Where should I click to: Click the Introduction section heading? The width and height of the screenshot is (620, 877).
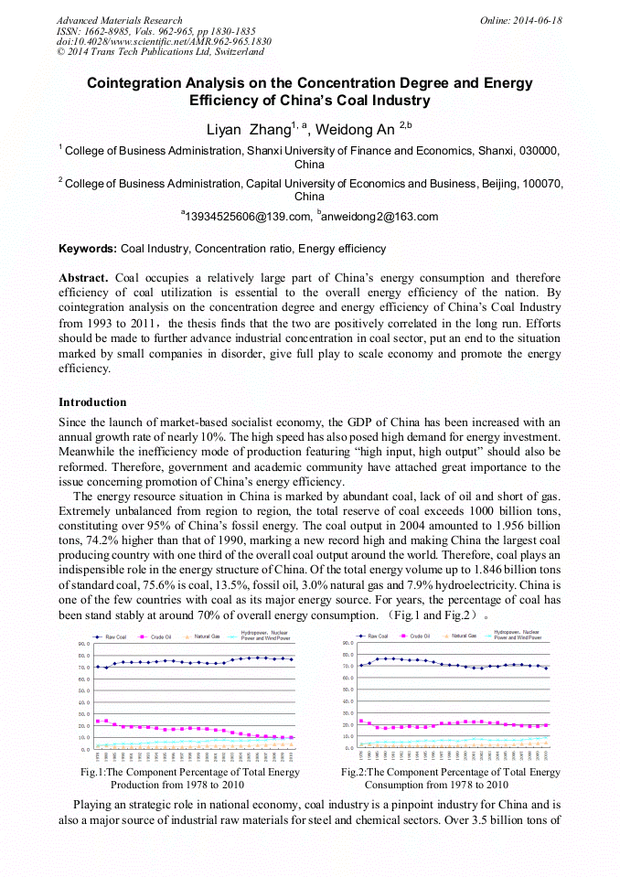pyautogui.click(x=92, y=402)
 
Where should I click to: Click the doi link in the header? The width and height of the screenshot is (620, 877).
pyautogui.click(x=164, y=42)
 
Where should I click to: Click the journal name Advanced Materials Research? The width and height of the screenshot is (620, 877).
pyautogui.click(x=119, y=20)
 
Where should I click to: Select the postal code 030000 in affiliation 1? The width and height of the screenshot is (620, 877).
pyautogui.click(x=540, y=151)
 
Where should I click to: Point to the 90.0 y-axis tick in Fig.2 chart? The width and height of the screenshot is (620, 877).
pyautogui.click(x=347, y=643)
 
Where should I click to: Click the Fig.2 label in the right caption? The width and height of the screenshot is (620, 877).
pyautogui.click(x=353, y=773)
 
